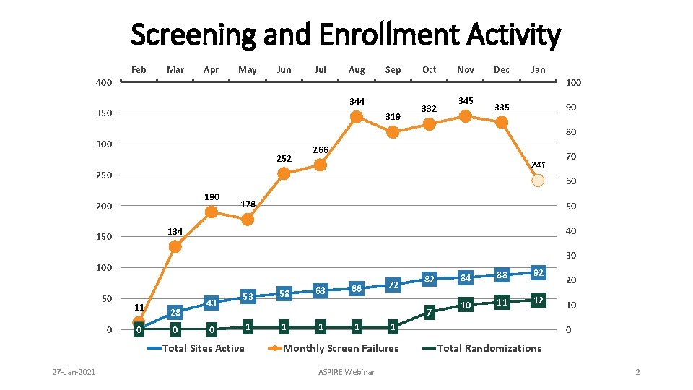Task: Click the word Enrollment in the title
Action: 389,35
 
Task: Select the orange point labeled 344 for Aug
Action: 357,117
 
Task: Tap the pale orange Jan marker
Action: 538,181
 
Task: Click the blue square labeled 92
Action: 538,273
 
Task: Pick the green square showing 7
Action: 429,312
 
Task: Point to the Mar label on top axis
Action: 175,70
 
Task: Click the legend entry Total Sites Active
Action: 196,348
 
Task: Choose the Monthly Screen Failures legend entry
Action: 334,348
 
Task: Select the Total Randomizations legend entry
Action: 481,348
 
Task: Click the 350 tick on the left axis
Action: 104,113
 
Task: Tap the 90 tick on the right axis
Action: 571,108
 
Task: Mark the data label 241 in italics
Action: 538,165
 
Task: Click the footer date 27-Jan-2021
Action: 74,372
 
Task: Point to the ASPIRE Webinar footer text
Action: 346,372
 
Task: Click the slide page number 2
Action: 637,372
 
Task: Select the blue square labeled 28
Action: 175,312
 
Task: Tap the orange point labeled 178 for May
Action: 248,220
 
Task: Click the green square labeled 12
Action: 538,300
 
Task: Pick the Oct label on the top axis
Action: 429,70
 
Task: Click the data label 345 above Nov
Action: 466,101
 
